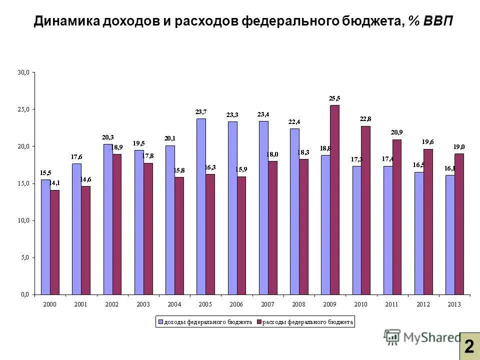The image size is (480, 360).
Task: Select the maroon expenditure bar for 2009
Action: [x=334, y=199]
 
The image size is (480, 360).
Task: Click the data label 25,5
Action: [x=334, y=98]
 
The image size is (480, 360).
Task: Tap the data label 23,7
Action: [x=201, y=112]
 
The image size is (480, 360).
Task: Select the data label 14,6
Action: [x=85, y=179]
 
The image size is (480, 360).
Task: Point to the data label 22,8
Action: [x=366, y=119]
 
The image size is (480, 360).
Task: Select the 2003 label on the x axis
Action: [x=143, y=304]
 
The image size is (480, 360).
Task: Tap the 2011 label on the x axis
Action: [x=392, y=304]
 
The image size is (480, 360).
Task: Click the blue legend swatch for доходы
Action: [x=161, y=322]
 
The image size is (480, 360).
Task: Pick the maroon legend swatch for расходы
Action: [x=258, y=322]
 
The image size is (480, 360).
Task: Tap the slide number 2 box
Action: [x=469, y=346]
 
